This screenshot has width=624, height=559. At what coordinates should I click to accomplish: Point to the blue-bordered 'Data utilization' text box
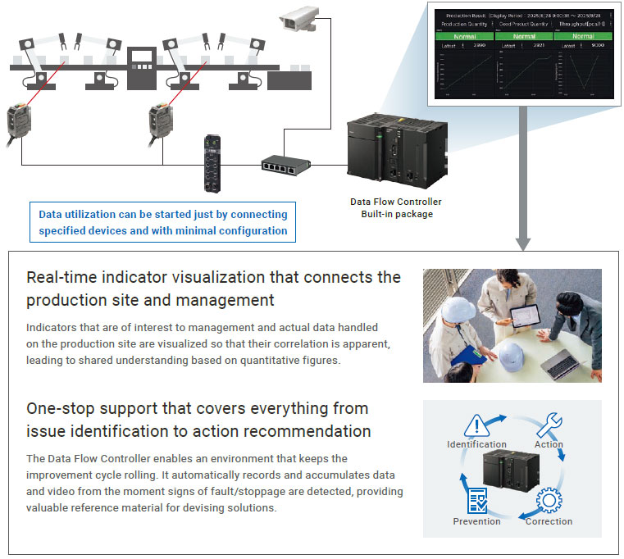point(162,222)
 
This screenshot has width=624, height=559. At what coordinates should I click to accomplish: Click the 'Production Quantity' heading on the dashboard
point(465,25)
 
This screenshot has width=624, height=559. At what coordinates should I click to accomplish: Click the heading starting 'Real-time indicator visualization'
point(213,289)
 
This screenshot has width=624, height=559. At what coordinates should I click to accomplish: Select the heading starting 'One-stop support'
point(197,419)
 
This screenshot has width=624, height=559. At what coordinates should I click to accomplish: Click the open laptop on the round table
point(561,364)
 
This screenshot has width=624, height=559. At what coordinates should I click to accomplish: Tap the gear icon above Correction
point(549,500)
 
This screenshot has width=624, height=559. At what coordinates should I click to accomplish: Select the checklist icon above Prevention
point(476,501)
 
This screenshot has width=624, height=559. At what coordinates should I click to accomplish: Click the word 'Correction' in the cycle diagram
point(549,521)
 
